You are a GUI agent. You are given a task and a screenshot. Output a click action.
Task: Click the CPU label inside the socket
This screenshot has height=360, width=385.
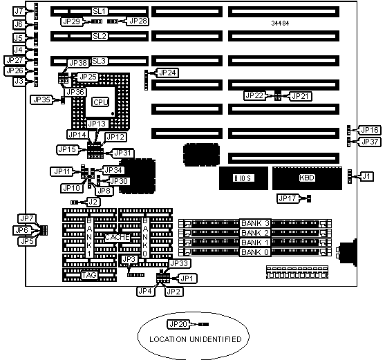coord(101,102)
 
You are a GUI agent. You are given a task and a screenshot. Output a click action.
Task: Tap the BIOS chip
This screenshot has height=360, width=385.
coord(243,178)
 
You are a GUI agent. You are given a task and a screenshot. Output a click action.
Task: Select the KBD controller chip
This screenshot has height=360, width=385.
coord(307,178)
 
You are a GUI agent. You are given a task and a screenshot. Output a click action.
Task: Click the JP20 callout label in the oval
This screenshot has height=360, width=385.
coord(178,324)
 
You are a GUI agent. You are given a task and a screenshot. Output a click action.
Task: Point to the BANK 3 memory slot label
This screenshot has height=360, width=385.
coord(255,223)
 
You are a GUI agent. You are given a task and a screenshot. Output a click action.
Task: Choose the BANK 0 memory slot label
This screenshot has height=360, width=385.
coord(255,252)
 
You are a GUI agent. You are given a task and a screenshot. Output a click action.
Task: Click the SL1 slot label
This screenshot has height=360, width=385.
coord(100,11)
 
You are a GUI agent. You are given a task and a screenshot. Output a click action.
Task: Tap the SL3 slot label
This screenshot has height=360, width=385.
coord(100,61)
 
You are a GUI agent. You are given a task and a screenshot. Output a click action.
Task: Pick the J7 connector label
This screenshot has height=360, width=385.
coord(19,11)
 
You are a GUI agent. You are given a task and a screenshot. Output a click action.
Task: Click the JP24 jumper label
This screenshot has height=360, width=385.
coord(167,73)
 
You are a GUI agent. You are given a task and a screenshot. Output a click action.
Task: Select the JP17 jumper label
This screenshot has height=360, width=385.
coord(288,198)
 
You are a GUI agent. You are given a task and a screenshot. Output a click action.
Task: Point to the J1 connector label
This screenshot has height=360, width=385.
coord(366,176)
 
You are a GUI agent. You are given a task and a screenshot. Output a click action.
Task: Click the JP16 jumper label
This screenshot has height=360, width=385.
coord(370,130)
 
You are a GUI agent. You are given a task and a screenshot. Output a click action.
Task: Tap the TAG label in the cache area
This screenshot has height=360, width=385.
coord(89,275)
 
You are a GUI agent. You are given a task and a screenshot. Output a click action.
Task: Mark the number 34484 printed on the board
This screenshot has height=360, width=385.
coord(280,23)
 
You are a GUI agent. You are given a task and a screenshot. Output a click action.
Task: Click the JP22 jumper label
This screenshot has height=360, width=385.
coord(254,95)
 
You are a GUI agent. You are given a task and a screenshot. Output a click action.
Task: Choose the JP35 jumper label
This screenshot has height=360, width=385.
coord(41,100)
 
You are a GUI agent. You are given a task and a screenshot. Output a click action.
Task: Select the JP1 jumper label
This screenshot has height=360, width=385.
coord(187,278)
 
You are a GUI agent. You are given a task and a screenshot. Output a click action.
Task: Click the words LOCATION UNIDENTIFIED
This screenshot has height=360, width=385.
coord(196,339)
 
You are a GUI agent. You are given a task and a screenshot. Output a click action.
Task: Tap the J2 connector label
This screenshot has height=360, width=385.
coord(93,202)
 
